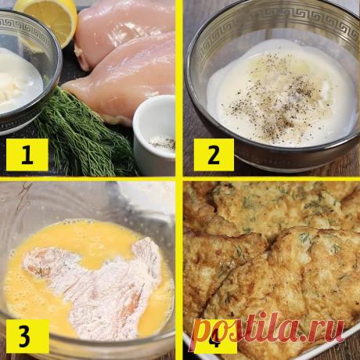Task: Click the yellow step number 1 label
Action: [27, 154]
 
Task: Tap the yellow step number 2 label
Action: [214, 155]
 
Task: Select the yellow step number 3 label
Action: [27, 337]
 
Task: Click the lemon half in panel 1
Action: [46, 21]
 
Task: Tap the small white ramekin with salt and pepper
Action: [154, 135]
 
